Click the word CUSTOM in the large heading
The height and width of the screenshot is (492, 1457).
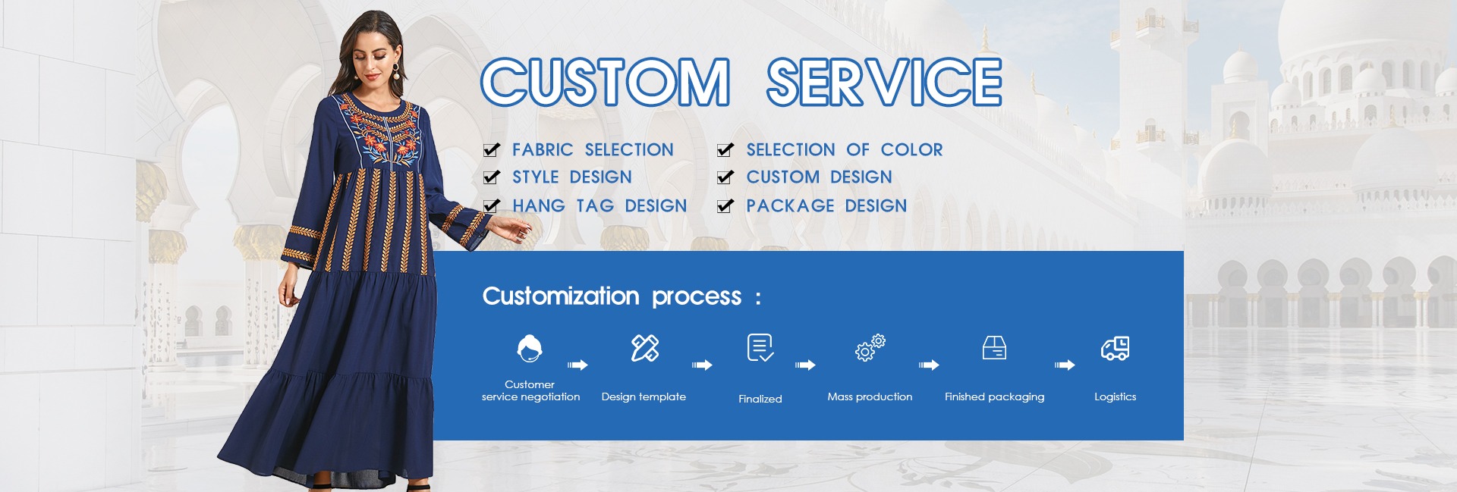click(x=605, y=82)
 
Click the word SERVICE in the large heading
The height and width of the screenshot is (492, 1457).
click(x=884, y=82)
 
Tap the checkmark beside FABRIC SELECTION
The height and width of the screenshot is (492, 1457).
click(x=492, y=149)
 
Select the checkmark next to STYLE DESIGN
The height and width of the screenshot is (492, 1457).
click(x=492, y=177)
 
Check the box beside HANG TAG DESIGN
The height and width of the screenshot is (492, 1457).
click(x=492, y=205)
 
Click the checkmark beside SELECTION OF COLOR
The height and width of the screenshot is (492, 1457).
click(x=725, y=149)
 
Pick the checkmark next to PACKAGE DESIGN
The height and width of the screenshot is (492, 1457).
click(x=725, y=205)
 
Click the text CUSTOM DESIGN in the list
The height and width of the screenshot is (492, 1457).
click(x=819, y=177)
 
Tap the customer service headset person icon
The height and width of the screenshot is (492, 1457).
click(x=530, y=349)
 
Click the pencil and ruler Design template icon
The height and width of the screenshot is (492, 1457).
click(x=645, y=348)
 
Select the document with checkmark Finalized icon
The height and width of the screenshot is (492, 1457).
click(x=760, y=348)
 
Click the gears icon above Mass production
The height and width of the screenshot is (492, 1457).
click(x=870, y=347)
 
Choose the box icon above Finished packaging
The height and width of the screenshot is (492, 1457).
click(x=994, y=348)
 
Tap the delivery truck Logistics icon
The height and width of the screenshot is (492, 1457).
click(x=1116, y=349)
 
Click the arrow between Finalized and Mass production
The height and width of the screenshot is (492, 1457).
click(x=805, y=365)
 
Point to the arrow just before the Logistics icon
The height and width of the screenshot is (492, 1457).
click(x=1065, y=365)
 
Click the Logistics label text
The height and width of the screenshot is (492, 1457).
click(x=1116, y=396)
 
